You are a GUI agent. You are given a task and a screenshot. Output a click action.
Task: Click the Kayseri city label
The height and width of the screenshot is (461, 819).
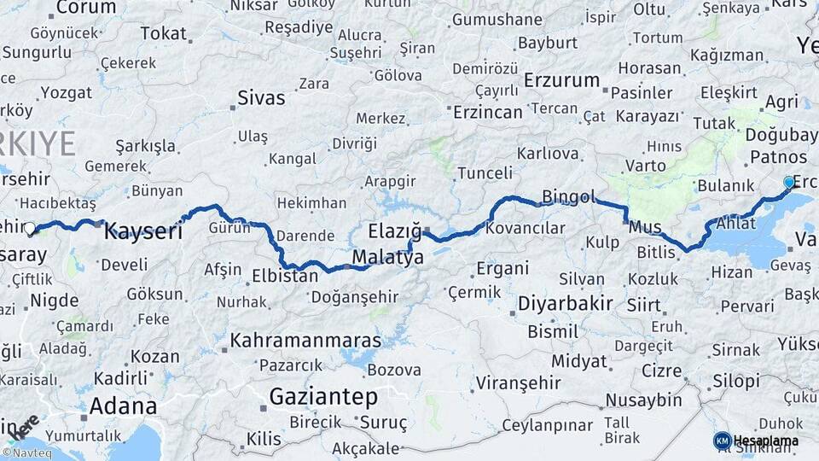click(143, 230)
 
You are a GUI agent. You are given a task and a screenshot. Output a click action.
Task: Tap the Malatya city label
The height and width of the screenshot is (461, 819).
click(388, 257)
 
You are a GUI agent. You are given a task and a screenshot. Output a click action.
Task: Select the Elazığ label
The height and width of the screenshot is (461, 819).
click(395, 231)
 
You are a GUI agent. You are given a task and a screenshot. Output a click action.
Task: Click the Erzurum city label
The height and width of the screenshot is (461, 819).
click(562, 80)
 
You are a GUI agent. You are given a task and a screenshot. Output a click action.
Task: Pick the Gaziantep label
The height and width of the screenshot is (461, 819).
click(323, 396)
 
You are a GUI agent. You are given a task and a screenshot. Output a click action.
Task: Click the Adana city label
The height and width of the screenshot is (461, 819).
click(123, 405)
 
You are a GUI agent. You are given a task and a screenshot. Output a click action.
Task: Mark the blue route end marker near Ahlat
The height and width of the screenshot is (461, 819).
click(789, 182)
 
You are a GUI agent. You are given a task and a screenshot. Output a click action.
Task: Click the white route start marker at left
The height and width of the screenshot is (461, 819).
click(30, 229)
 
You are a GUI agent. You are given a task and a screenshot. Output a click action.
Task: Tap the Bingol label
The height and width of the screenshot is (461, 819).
click(568, 197)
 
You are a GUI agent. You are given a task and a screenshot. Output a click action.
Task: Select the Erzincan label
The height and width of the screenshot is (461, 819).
click(487, 112)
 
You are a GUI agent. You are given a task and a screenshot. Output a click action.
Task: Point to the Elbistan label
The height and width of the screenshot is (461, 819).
click(285, 276)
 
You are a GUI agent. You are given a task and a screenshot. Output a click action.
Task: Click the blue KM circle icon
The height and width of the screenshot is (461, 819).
click(722, 441)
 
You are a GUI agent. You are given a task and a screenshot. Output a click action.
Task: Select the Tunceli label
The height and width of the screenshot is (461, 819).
click(485, 172)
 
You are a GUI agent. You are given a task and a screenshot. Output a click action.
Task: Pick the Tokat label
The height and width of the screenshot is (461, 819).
click(163, 33)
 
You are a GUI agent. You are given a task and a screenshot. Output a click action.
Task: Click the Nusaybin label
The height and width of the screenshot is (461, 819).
click(643, 400)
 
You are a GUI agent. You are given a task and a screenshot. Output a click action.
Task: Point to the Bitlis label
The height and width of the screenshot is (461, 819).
click(656, 251)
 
